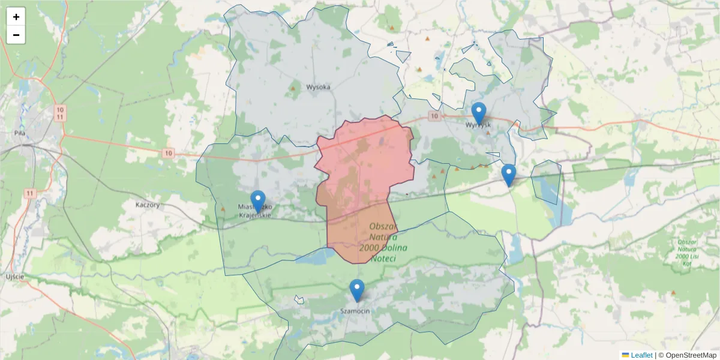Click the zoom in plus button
16,17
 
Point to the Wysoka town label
318,87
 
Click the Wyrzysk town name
478,125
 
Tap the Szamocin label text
355,311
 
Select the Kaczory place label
148,205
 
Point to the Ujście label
14,276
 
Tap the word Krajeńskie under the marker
256,215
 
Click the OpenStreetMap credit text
687,355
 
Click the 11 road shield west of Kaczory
30,193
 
